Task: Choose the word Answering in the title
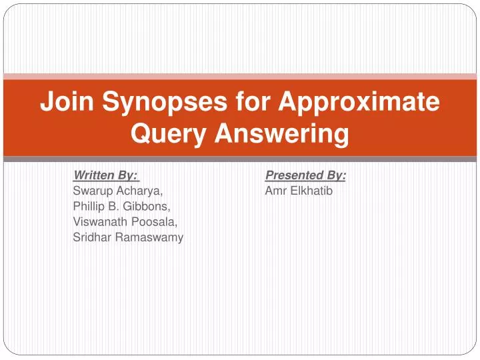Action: [281, 135]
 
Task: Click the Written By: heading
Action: [105, 175]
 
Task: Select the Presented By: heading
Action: [305, 175]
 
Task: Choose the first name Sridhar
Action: [92, 237]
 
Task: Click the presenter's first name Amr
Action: [275, 191]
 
